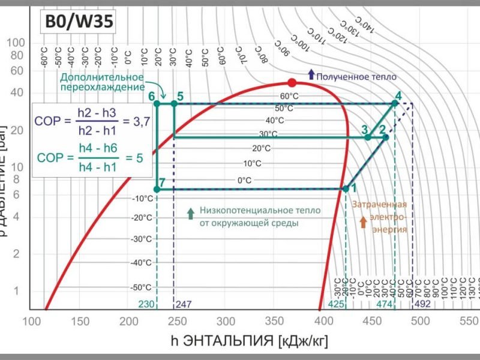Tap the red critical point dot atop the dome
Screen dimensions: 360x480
point(292,83)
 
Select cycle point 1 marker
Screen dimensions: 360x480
point(346,188)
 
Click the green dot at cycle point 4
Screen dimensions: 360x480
point(395,104)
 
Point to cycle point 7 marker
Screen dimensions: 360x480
point(157,189)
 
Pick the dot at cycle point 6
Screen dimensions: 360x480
point(157,104)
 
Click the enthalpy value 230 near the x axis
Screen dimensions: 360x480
point(147,304)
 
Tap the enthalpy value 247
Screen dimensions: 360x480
point(184,304)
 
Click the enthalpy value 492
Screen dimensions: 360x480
point(423,304)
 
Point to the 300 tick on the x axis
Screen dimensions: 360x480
point(226,321)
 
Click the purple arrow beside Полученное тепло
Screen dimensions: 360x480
point(311,74)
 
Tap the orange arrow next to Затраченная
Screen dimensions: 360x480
point(362,222)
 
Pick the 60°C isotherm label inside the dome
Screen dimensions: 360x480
point(289,96)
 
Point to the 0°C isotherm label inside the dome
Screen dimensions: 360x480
point(244,180)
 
